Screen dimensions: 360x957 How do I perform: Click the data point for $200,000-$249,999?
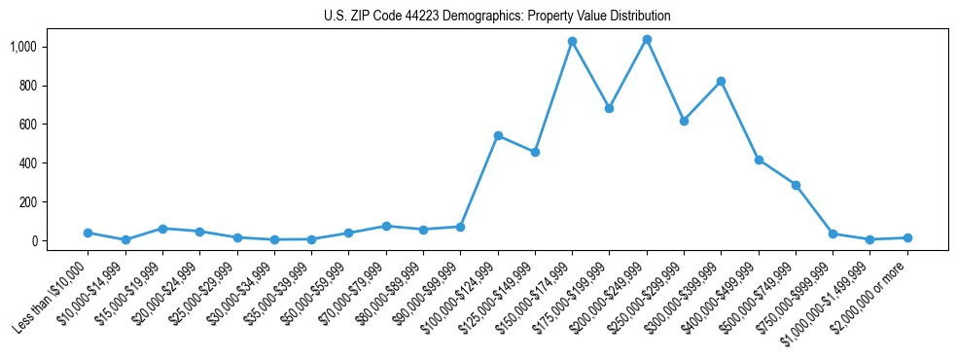click(647, 40)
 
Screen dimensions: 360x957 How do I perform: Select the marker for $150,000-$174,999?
click(572, 42)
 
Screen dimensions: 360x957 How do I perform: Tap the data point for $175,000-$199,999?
click(609, 108)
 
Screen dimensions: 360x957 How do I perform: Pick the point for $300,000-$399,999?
click(721, 82)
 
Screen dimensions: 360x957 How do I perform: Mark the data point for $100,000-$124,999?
click(498, 135)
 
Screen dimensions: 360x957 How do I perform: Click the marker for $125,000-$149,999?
click(535, 152)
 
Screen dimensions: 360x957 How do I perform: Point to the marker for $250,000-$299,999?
click(684, 121)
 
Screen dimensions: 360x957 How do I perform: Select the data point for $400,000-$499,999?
click(759, 160)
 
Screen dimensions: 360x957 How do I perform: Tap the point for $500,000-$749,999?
click(796, 185)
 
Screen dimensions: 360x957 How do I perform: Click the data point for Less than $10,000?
click(88, 233)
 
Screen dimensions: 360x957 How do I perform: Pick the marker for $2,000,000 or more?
click(907, 237)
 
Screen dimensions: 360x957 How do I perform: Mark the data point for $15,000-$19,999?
click(162, 229)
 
